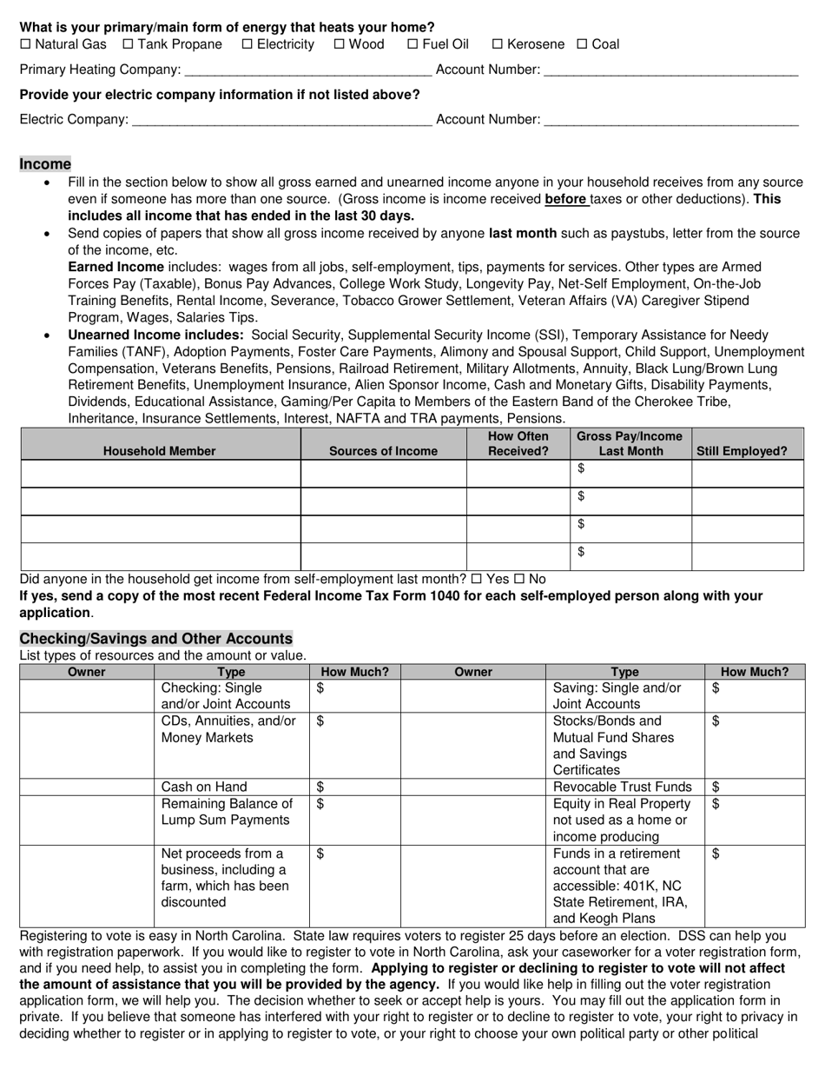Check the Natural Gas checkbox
coord(25,44)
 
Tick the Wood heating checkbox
coord(340,44)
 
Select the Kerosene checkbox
coord(498,44)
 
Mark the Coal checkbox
coord(583,44)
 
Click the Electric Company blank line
coord(280,121)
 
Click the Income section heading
coord(45,164)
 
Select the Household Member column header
coord(160,451)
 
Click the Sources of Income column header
coord(383,451)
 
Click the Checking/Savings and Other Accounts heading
coord(156,639)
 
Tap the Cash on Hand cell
coord(231,787)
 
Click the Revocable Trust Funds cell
coord(624,787)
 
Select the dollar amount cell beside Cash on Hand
coord(354,787)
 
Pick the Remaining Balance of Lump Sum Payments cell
coord(231,813)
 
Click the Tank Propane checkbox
coord(129,44)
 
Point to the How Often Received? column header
coord(518,444)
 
